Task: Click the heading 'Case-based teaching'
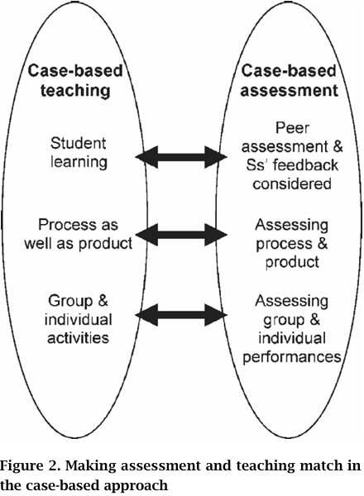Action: tap(75, 81)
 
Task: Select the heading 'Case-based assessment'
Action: tap(289, 81)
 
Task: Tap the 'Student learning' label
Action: tap(79, 152)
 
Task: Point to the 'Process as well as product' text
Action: tap(79, 234)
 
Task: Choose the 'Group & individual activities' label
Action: tap(79, 319)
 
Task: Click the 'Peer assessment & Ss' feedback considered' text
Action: tap(292, 156)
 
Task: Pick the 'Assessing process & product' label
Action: tap(291, 244)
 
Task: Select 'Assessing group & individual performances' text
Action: tap(291, 329)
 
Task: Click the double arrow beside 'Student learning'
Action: tap(181, 157)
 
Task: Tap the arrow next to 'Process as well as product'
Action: tap(181, 235)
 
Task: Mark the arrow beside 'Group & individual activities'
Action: tap(181, 315)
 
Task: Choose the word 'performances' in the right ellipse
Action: tap(291, 357)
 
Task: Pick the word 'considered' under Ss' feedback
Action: tap(292, 184)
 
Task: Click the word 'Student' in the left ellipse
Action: tap(78, 143)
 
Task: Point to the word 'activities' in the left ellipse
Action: tap(79, 337)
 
